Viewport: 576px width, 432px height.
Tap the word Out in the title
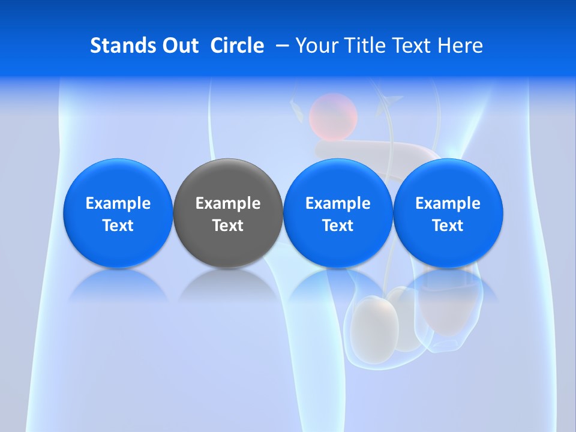179,46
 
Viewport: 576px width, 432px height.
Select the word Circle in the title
237,46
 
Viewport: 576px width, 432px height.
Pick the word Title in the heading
361,46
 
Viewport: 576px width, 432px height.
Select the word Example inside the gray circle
228,203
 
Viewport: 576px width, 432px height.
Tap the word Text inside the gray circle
228,226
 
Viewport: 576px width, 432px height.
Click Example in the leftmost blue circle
118,203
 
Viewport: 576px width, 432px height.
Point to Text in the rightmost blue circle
448,226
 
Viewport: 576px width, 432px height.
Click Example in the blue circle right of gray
338,203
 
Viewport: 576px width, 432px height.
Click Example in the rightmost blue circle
448,203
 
